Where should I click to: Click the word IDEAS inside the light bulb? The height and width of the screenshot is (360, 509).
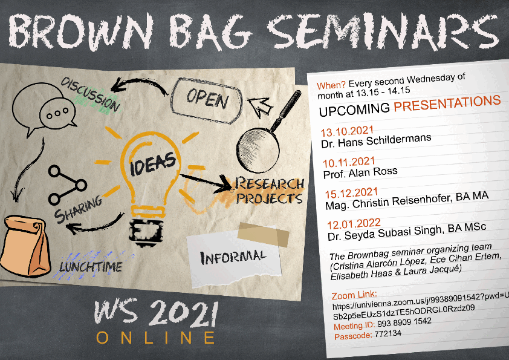153,163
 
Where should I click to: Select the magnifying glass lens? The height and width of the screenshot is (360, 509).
258,150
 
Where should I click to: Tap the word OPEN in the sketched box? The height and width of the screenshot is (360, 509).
207,99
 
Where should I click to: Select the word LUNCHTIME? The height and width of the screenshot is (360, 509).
91,267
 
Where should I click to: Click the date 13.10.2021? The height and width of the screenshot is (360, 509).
347,131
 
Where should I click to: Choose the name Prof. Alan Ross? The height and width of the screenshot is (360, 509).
360,173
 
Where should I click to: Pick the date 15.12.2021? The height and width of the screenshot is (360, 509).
352,194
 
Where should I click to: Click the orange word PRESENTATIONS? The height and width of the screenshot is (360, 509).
447,103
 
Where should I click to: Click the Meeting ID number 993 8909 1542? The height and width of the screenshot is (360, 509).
404,322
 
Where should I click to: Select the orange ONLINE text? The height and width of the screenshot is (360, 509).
156,338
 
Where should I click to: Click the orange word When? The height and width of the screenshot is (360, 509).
331,85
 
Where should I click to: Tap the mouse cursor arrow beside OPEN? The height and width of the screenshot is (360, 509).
261,106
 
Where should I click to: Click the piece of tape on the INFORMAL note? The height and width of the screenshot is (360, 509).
263,235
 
